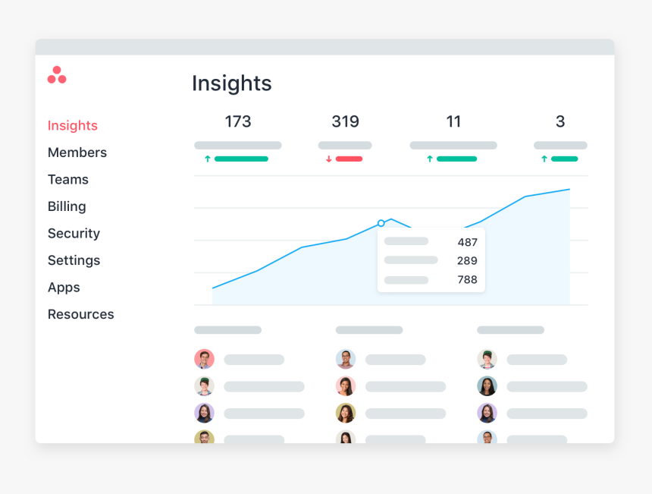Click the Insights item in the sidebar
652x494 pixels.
[73, 126]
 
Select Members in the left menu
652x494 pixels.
[77, 153]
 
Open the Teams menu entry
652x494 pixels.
[68, 180]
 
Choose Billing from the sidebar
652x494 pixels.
[67, 206]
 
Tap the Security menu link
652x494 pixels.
[74, 234]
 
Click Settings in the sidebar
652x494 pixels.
[74, 260]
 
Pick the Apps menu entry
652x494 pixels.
[64, 288]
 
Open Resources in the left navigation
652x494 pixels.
[80, 314]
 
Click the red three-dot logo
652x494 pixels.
[57, 75]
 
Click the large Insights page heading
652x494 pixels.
[231, 83]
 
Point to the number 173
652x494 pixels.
[238, 121]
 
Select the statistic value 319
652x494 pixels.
[345, 121]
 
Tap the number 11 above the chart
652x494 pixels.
[453, 121]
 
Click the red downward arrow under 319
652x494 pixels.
[329, 159]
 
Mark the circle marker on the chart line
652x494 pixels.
[381, 223]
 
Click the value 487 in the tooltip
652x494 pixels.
[467, 242]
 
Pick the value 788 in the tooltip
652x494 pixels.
[467, 280]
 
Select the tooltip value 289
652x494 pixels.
[467, 261]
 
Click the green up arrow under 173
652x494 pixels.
[208, 159]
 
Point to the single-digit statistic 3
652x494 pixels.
[560, 121]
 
